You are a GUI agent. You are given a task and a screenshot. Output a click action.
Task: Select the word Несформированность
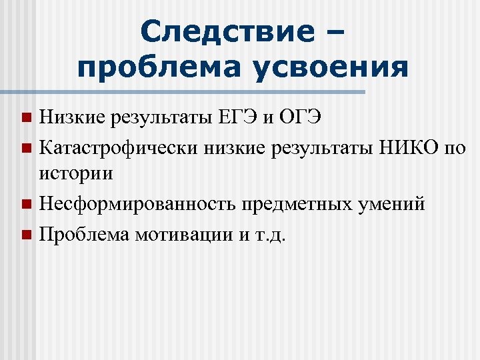135,203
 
